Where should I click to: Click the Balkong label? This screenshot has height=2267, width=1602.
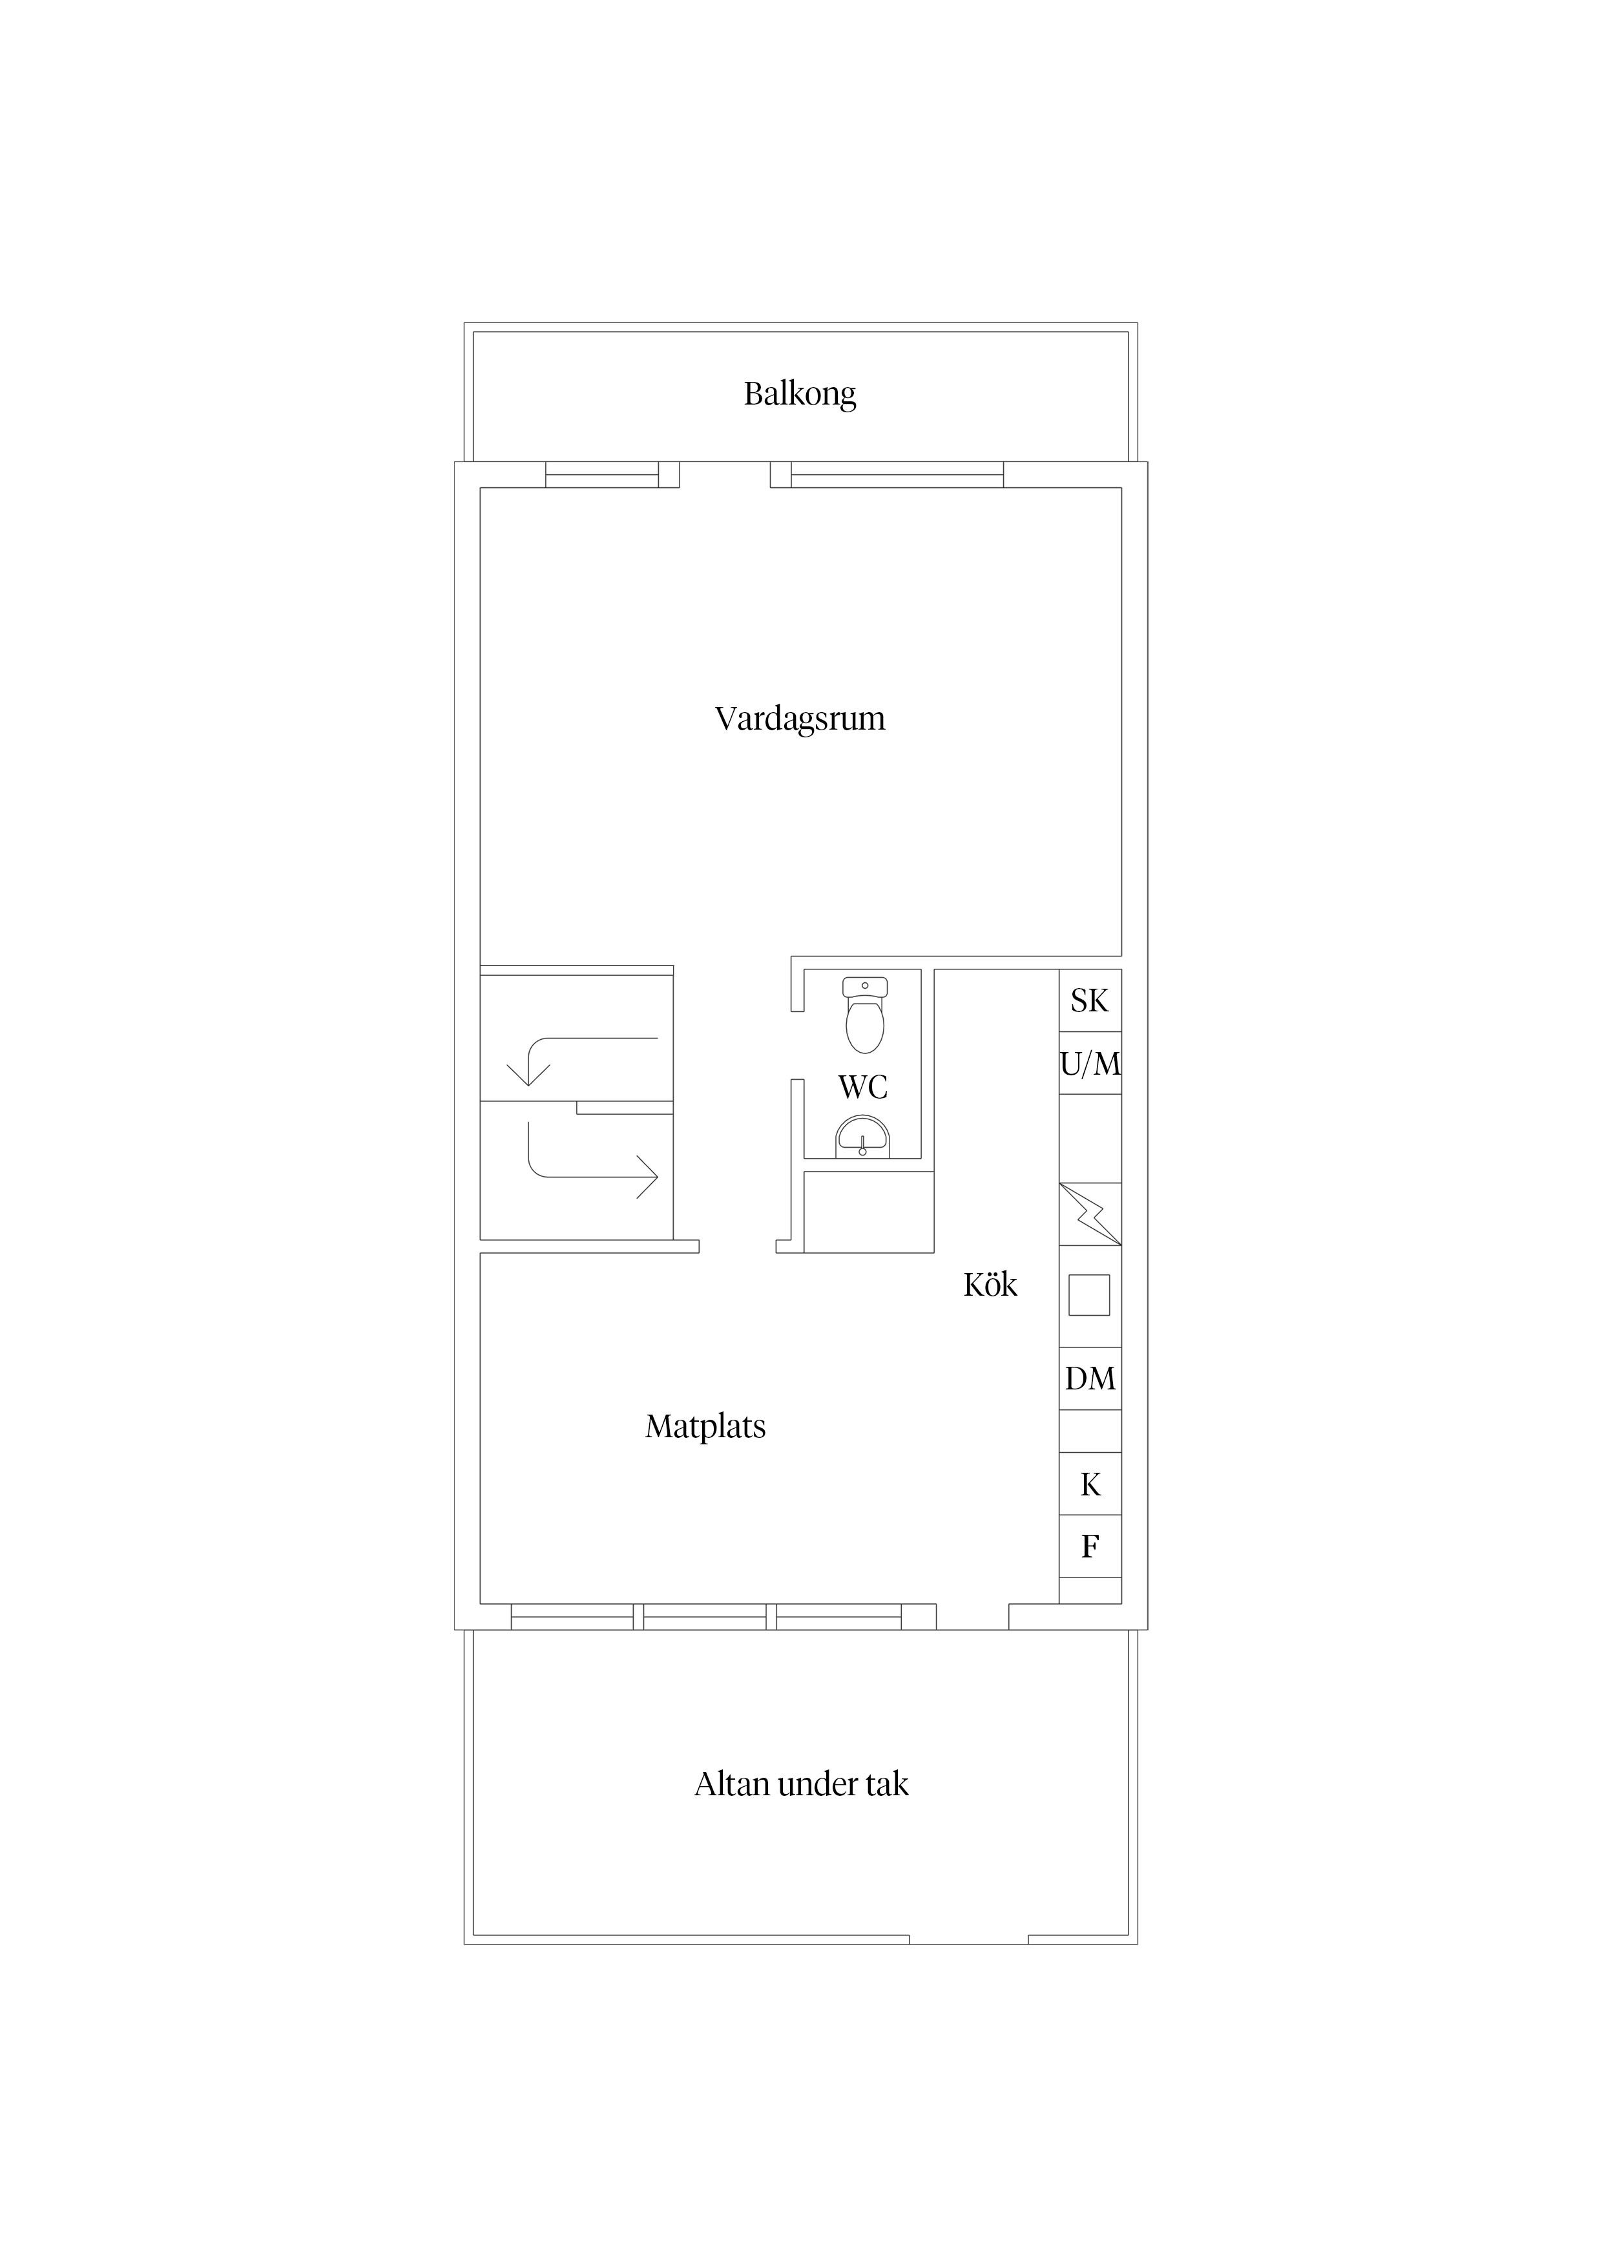click(x=800, y=394)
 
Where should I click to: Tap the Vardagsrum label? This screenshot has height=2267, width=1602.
click(x=800, y=718)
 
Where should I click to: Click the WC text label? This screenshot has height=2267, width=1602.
click(x=863, y=1087)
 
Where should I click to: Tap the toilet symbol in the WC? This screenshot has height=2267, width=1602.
click(x=866, y=1014)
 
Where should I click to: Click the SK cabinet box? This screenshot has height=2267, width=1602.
click(x=1090, y=1000)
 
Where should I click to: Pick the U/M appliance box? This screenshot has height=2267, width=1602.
click(x=1090, y=1064)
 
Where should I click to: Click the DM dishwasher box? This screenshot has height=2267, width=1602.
click(x=1090, y=1378)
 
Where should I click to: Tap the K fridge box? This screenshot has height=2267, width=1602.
click(x=1090, y=1484)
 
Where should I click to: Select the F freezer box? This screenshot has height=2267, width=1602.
click(x=1090, y=1546)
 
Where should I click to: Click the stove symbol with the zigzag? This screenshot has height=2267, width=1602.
click(x=1090, y=1214)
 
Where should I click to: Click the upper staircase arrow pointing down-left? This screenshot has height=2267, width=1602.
click(x=583, y=1039)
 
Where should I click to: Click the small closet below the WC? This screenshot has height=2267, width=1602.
click(x=869, y=1212)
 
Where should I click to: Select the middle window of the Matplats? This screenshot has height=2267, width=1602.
click(x=705, y=1616)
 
